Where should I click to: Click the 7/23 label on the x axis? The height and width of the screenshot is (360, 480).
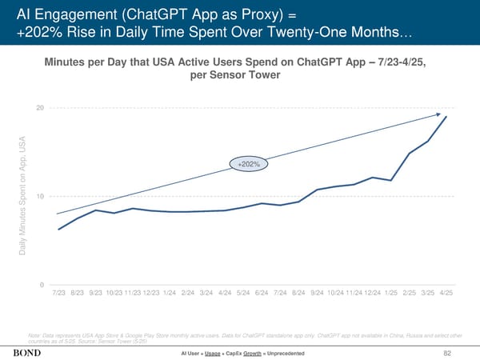(59, 294)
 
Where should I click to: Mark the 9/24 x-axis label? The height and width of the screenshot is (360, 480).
(317, 294)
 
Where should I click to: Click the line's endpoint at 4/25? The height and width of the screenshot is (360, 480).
(446, 118)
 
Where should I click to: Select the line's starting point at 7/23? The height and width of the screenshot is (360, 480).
(59, 230)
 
